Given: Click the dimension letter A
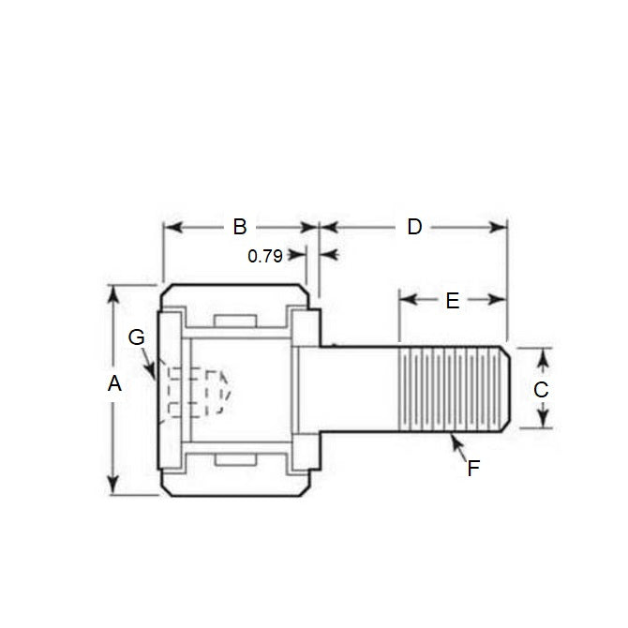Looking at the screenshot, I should [114, 383].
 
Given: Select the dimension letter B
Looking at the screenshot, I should [239, 227].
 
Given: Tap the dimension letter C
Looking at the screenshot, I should [540, 390].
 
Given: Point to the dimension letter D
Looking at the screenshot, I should [414, 227].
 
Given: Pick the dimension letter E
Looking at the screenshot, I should [452, 301].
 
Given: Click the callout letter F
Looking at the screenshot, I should [473, 469].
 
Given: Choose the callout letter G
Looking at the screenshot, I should [137, 337].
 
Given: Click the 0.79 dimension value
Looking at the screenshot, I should [265, 256].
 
